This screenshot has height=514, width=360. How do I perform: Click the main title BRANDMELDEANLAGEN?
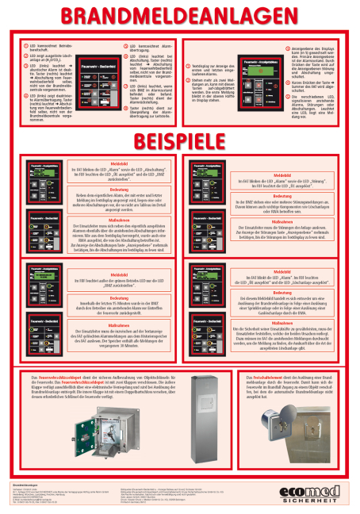pos(180,17)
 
